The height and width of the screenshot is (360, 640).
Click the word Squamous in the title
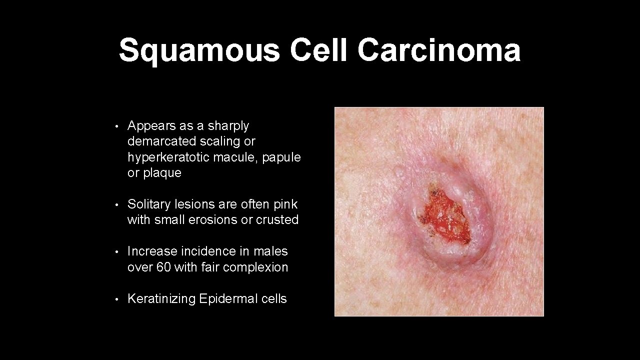coord(199,50)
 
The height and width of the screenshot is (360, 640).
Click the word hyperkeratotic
coord(168,157)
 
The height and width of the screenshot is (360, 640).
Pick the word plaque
coord(162,173)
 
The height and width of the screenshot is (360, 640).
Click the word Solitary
coord(147,204)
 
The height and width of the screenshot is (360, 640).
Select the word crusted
coord(277,219)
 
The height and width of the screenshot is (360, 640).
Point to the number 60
coord(163,267)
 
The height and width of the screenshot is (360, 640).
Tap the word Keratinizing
coord(161,299)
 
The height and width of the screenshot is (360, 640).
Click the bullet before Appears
coord(116,126)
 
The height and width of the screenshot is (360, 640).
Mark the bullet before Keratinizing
coord(116,299)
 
